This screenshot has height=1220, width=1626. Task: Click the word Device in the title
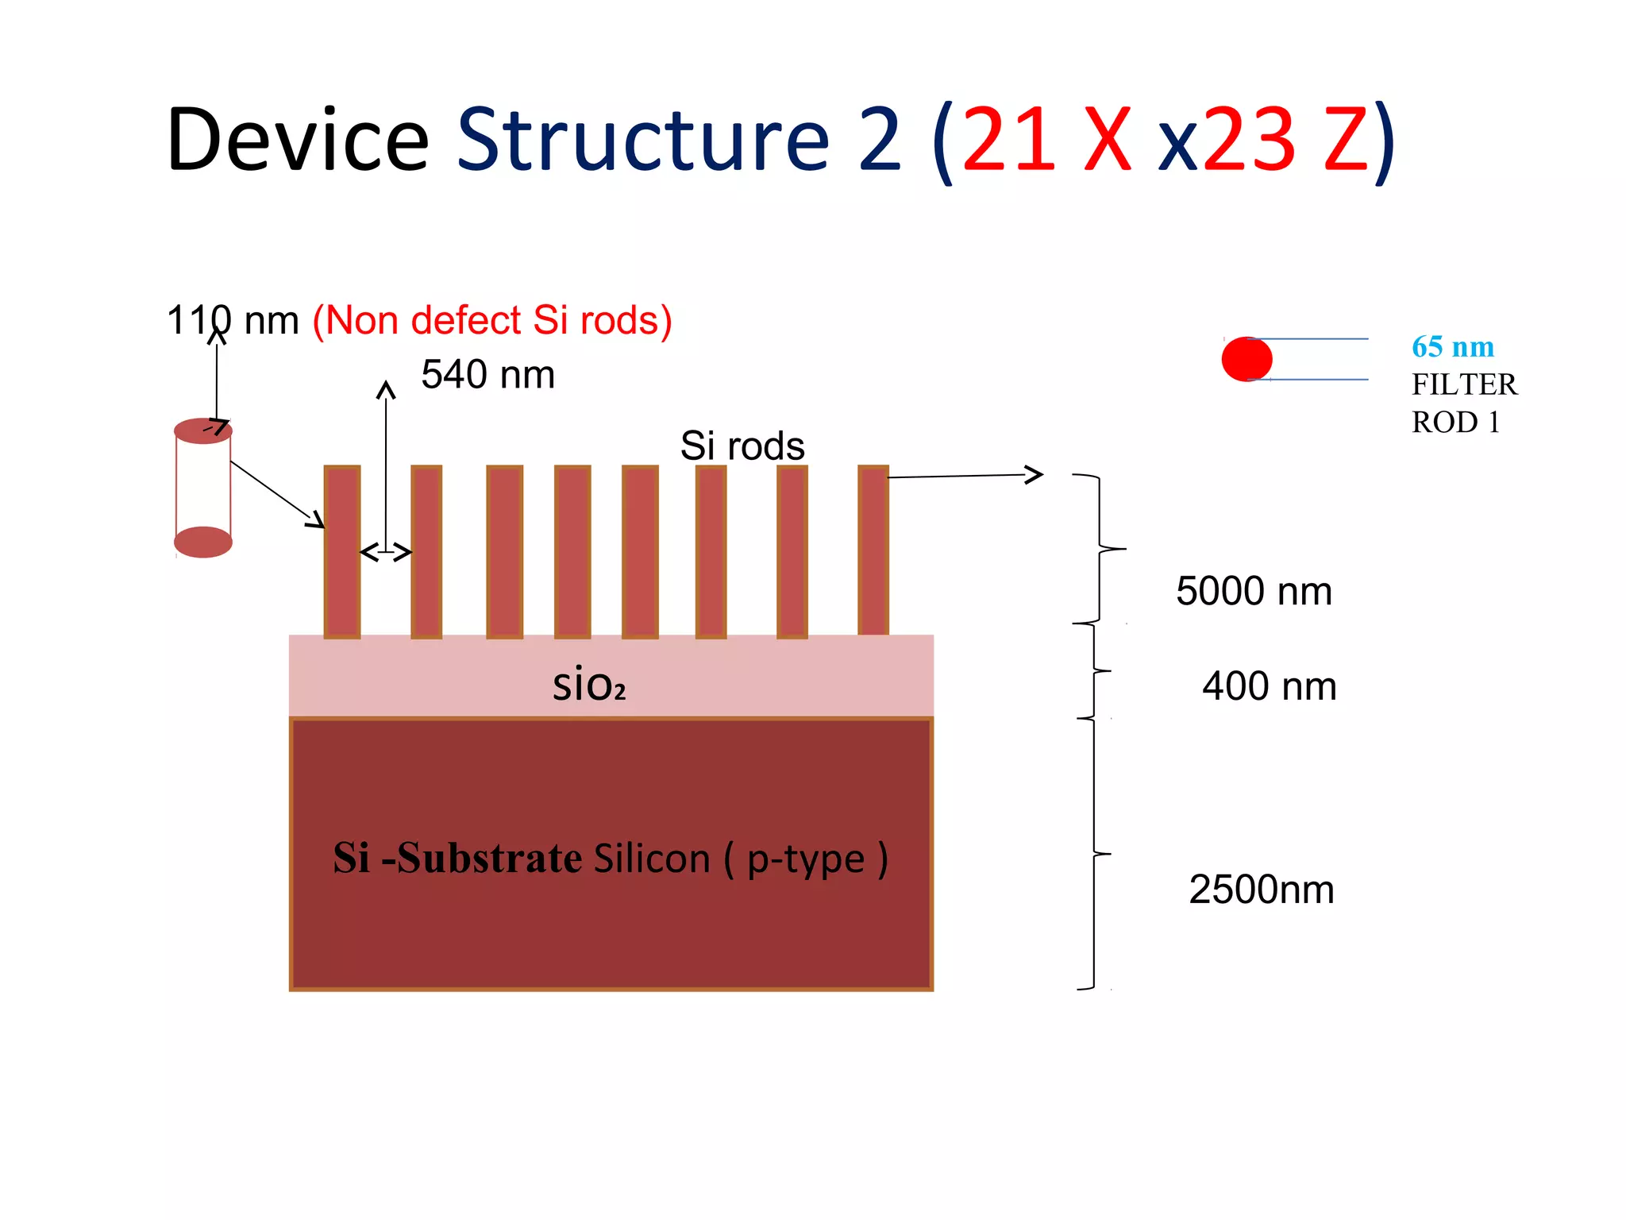298,141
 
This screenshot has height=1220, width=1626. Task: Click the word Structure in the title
643,141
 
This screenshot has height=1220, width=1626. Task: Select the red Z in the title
1345,141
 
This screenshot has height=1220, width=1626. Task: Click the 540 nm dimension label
487,375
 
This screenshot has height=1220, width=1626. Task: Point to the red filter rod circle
1246,359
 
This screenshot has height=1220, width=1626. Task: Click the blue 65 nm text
1452,347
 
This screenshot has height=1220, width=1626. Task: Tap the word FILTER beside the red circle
1463,384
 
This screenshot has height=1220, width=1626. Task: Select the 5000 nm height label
1254,592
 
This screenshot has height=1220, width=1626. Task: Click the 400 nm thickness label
1269,686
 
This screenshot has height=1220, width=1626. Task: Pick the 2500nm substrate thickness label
1261,890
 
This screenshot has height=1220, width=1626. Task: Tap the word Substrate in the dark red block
490,859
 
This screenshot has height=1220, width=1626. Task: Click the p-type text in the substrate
805,859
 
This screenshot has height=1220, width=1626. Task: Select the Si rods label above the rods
742,446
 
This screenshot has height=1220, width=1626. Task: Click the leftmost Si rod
342,551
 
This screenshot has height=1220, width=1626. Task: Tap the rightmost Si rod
873,550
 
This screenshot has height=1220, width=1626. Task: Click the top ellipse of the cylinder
203,430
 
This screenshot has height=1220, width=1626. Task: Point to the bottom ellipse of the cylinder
203,542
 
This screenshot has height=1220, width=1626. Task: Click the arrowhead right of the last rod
1035,475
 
